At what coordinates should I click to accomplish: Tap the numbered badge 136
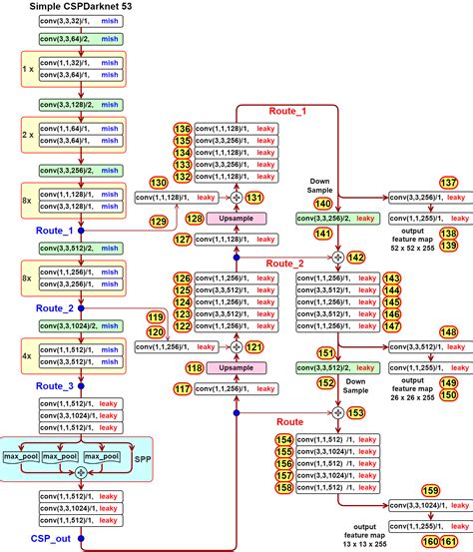click(x=182, y=129)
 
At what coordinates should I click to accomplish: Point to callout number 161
click(x=461, y=541)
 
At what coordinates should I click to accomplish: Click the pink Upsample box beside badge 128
click(x=236, y=218)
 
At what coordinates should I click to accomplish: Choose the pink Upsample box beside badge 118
click(x=236, y=367)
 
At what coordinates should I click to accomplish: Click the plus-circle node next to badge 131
click(x=236, y=198)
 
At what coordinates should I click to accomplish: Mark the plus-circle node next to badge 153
click(x=337, y=412)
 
